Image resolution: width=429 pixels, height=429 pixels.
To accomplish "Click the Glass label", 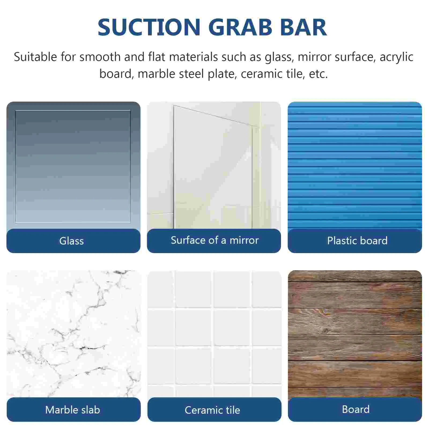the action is point(72,241).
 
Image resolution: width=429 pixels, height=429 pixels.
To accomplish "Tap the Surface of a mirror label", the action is point(215,240).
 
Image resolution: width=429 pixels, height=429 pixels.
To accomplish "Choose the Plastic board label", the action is point(357,241).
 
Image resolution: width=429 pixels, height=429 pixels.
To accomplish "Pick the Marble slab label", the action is point(73,410).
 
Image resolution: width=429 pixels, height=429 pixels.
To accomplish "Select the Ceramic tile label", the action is point(212,410).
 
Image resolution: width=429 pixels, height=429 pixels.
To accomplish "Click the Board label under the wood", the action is point(356,409).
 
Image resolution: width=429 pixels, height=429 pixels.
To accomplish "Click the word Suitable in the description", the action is point(35,57).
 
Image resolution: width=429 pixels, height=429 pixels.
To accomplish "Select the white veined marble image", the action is point(74,334).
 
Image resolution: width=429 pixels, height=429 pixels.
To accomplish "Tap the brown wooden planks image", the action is point(355,334).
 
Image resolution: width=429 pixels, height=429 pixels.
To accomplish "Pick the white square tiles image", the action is point(214,334).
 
